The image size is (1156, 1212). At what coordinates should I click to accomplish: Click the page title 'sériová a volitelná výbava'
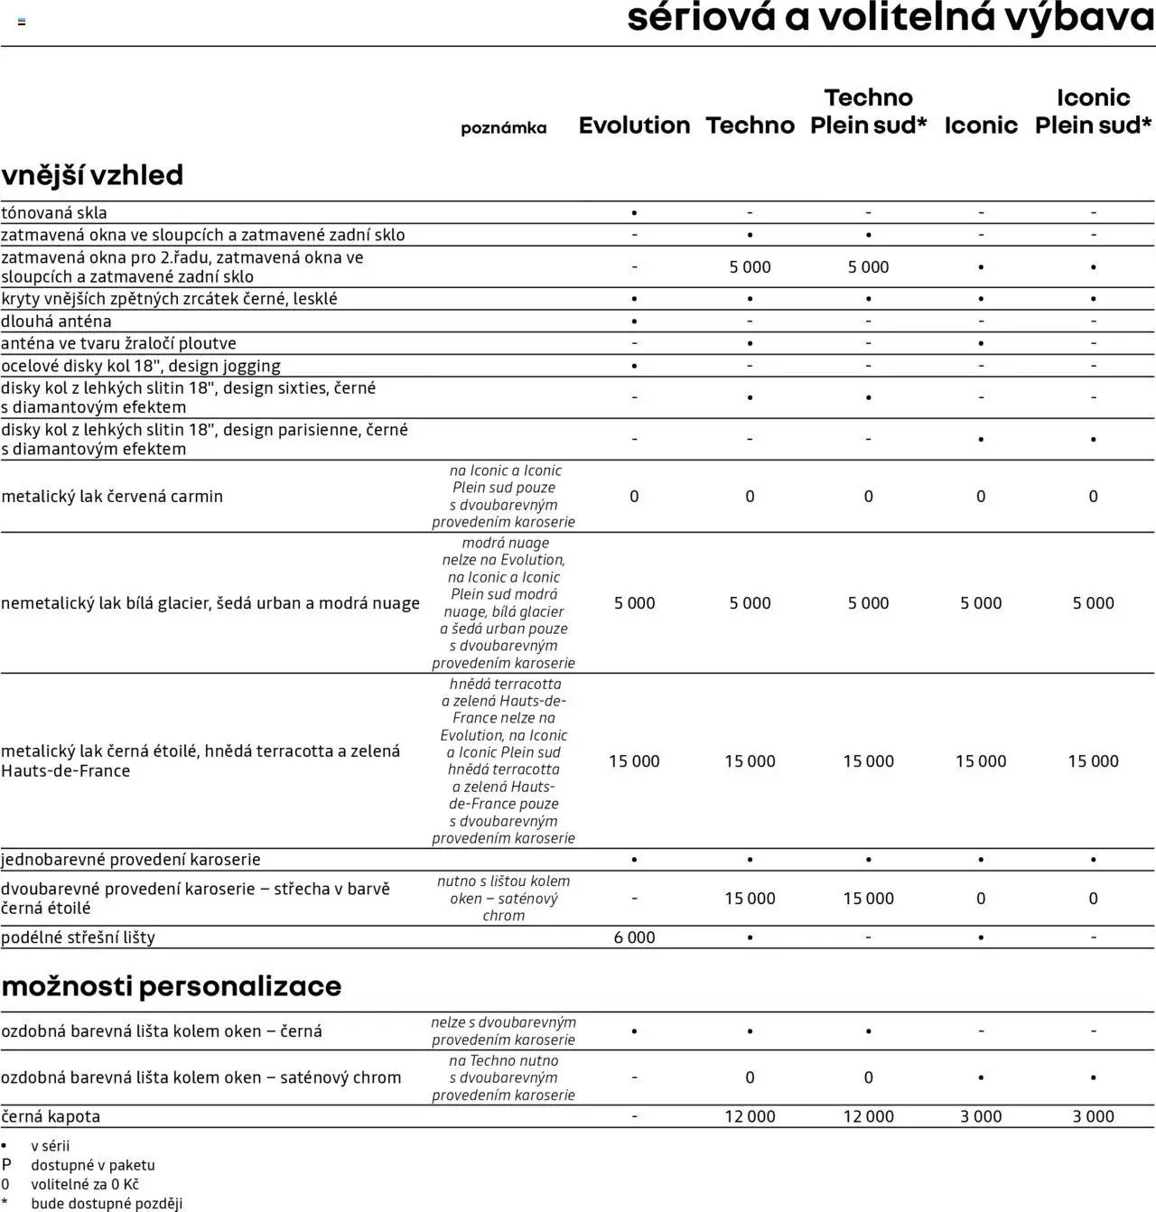[x=890, y=18]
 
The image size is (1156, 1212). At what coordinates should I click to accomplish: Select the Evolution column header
[x=634, y=126]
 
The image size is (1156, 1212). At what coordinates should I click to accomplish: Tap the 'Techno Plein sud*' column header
[x=868, y=111]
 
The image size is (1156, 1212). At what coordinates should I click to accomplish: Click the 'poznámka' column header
[x=503, y=128]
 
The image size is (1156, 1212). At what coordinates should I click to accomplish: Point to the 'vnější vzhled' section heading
[x=92, y=174]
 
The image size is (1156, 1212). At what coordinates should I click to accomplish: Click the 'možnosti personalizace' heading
[x=172, y=985]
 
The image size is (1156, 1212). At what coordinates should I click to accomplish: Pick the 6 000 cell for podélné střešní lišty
[x=634, y=937]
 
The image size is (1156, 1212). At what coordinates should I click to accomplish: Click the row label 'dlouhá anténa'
[x=57, y=322]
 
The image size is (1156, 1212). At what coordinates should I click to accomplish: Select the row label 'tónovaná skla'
[x=54, y=213]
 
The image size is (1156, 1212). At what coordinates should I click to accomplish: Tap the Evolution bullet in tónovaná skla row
[x=634, y=213]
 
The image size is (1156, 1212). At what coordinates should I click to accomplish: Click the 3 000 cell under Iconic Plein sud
[x=1093, y=1116]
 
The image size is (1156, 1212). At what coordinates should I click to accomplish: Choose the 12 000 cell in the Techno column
[x=750, y=1116]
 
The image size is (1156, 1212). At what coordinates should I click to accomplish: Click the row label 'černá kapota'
[x=51, y=1116]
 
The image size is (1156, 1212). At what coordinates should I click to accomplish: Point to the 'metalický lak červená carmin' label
[x=112, y=496]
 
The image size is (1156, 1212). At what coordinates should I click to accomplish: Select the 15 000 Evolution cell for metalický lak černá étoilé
[x=634, y=761]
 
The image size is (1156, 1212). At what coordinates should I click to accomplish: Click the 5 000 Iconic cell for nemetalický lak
[x=981, y=603]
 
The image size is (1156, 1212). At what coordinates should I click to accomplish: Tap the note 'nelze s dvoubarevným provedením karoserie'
[x=503, y=1030]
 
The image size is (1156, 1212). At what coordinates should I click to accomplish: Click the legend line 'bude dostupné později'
[x=107, y=1203]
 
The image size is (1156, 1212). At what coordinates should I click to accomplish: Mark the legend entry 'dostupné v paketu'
[x=93, y=1165]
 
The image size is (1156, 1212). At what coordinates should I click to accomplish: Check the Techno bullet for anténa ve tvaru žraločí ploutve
[x=750, y=344]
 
